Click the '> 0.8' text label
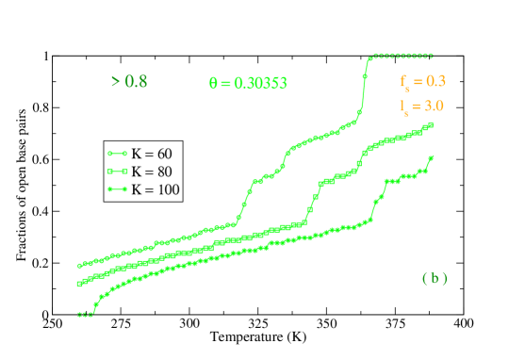(x=129, y=81)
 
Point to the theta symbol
(x=213, y=83)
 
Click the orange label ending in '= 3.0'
(x=421, y=106)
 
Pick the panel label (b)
(x=435, y=278)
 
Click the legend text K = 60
(x=151, y=154)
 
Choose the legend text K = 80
(x=151, y=172)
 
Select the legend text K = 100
(x=155, y=189)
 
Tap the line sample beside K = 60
(x=118, y=154)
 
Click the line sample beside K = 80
(x=118, y=172)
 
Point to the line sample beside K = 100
(x=118, y=189)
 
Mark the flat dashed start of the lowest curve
(x=85, y=315)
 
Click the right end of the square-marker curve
(x=432, y=124)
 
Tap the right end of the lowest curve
(x=431, y=157)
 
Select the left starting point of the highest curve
(x=78, y=266)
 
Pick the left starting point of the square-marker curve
(x=78, y=283)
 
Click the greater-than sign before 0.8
(x=115, y=81)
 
